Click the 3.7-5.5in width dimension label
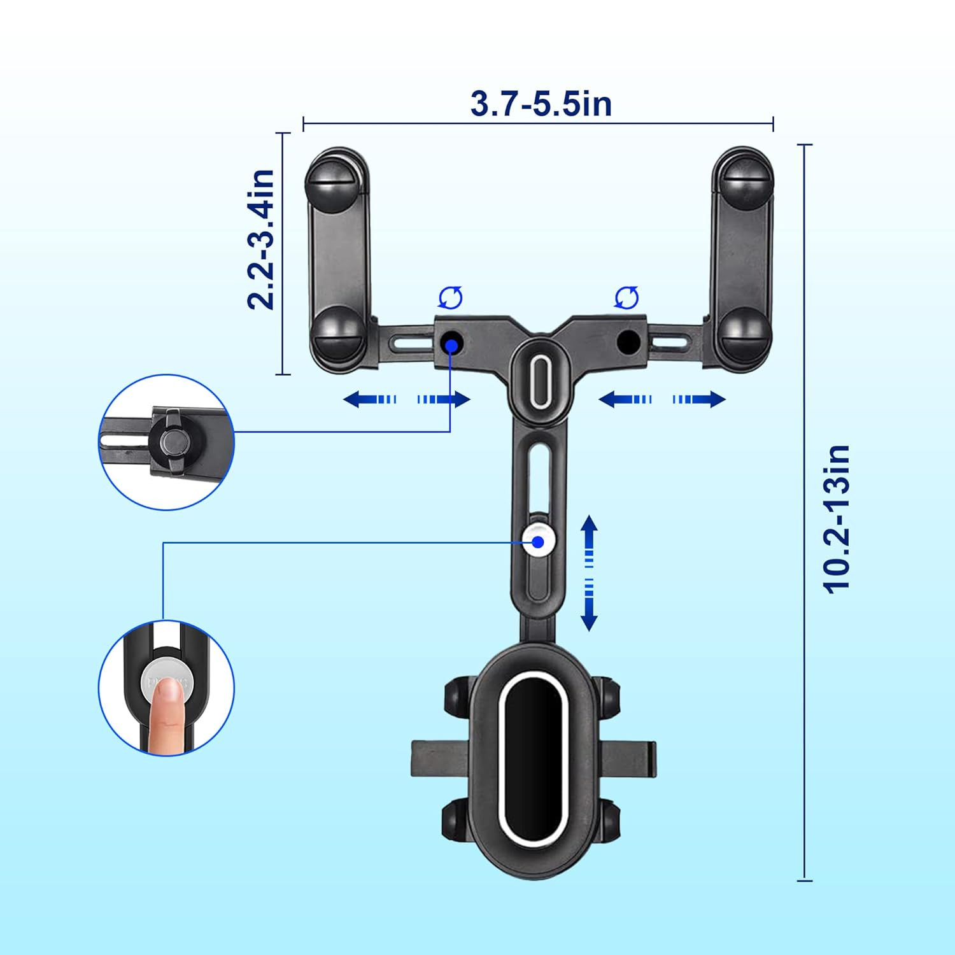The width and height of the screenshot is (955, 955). click(x=541, y=103)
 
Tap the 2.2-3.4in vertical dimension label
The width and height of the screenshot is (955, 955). click(x=261, y=239)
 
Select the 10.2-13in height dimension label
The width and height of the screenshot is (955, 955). click(x=837, y=520)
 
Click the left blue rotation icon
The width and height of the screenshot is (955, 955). click(x=451, y=297)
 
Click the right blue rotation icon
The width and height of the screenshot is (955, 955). click(x=626, y=297)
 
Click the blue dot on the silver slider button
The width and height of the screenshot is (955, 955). click(x=539, y=542)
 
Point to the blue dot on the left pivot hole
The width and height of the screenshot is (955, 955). click(x=452, y=345)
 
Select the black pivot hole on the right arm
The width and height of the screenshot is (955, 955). click(x=628, y=343)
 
